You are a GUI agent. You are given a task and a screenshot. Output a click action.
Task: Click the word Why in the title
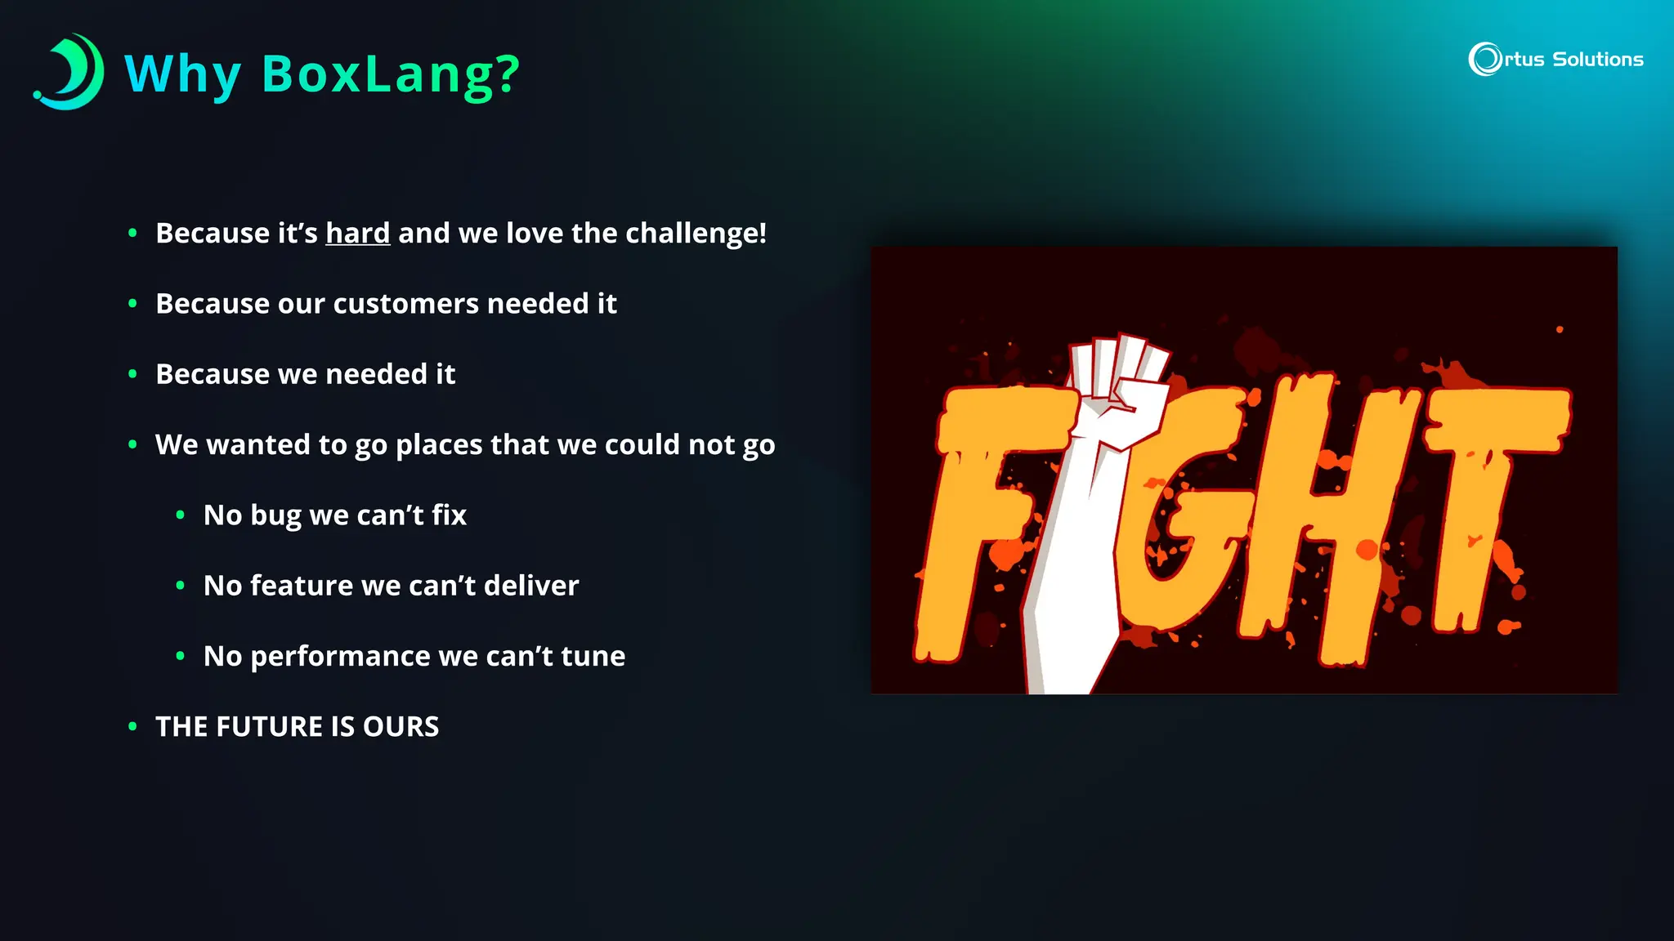point(181,75)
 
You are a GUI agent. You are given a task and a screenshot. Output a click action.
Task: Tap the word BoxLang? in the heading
point(390,75)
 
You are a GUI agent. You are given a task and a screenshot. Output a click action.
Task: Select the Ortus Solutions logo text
point(1557,60)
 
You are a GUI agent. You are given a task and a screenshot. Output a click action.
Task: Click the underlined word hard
point(357,234)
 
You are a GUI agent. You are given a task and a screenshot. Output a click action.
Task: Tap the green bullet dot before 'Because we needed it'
point(132,374)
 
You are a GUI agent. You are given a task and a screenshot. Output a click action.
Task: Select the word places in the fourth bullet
point(439,445)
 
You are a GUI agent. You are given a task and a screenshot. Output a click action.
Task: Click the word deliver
point(530,586)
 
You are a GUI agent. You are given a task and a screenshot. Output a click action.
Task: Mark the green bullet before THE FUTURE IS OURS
point(132,726)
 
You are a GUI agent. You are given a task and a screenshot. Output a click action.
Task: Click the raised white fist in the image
point(1120,392)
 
